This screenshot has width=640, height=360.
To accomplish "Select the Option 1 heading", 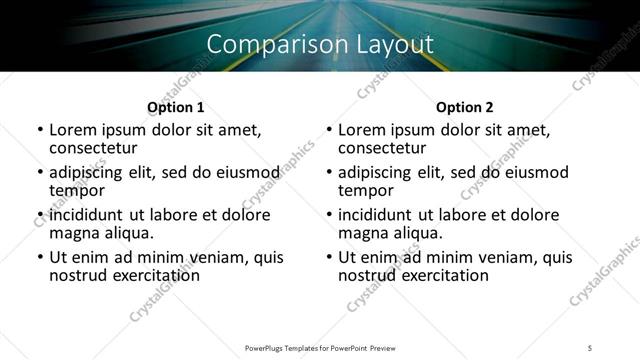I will (176, 107).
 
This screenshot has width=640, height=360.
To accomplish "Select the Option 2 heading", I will (465, 107).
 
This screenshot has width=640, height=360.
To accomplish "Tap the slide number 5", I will (590, 347).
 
